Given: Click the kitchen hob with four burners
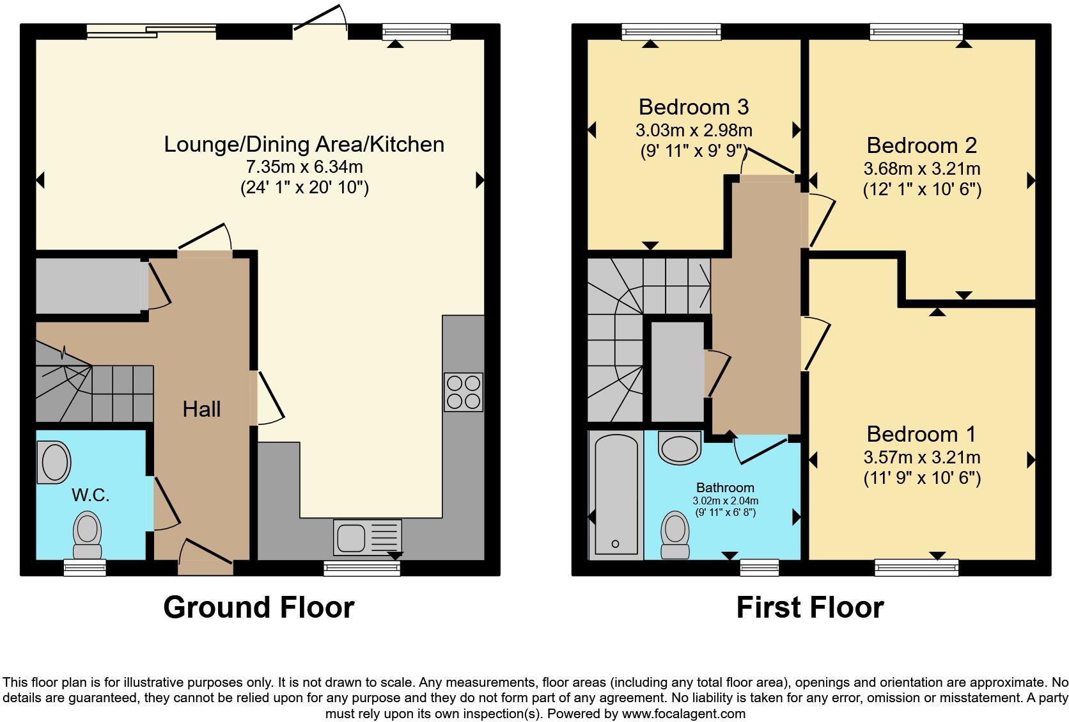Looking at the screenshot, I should (464, 392).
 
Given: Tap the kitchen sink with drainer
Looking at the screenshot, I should (367, 537).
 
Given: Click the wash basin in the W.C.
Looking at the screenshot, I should (55, 463).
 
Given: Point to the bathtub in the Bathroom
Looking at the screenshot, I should (616, 493).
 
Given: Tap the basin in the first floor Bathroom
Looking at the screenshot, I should (680, 447).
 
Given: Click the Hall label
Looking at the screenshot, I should (201, 409).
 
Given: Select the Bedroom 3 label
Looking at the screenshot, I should (694, 106).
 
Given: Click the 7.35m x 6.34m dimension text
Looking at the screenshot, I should (304, 166).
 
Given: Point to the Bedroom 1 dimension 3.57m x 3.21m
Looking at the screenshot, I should (921, 457).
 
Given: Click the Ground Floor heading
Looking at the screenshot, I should (258, 607).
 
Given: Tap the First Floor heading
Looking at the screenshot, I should (809, 607).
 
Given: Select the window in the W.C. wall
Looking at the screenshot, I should (84, 567).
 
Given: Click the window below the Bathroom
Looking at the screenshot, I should (760, 567).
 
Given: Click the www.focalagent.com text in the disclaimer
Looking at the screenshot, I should (683, 713).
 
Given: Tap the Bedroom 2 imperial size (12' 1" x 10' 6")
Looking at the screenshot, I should (921, 189).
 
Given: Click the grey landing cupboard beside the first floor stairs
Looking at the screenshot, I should (677, 371).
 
